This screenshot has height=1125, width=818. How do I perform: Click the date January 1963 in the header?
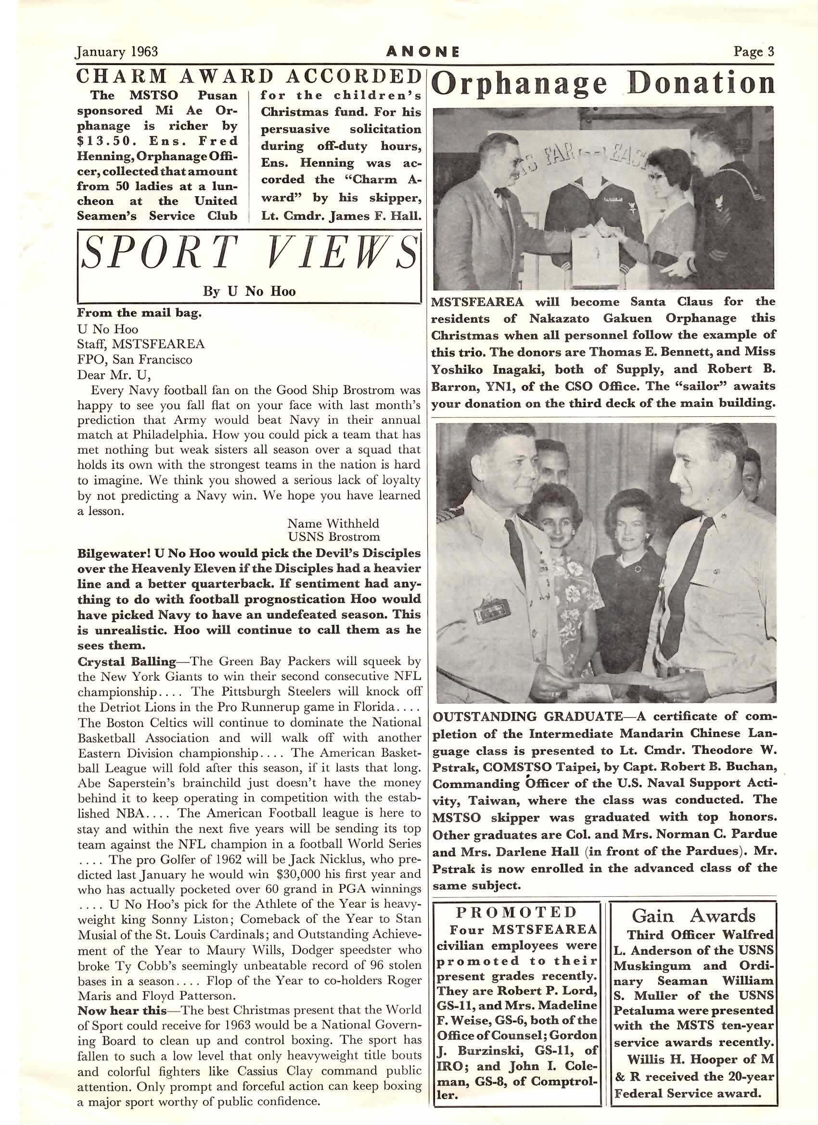point(116,51)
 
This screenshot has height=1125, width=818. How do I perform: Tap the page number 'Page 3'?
point(754,51)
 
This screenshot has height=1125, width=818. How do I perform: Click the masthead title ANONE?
point(423,51)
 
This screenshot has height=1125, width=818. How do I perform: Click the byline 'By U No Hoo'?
point(249,291)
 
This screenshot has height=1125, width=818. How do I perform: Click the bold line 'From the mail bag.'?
point(140,313)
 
